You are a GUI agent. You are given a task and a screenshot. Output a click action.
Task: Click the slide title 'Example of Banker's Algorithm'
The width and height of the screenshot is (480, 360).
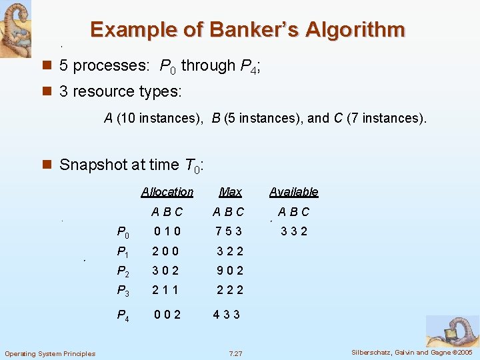click(x=247, y=30)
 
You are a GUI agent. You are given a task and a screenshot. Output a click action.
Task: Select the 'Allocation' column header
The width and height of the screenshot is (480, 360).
click(x=167, y=192)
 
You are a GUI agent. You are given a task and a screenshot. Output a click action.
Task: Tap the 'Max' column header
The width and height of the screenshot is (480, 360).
click(x=230, y=192)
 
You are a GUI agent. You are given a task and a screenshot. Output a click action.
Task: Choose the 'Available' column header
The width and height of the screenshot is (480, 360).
click(x=293, y=192)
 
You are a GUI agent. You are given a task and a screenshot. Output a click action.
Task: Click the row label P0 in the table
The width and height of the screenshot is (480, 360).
click(x=123, y=233)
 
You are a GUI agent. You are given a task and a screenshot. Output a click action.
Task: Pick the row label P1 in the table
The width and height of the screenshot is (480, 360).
click(x=123, y=252)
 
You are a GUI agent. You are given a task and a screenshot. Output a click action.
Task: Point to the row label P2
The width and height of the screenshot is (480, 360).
click(x=123, y=271)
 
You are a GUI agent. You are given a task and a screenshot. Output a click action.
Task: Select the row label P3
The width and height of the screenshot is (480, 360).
click(x=123, y=290)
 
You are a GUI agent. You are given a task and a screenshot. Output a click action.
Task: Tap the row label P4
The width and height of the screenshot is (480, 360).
click(x=123, y=315)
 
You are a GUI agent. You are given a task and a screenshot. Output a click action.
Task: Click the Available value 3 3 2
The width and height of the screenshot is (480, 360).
click(x=293, y=232)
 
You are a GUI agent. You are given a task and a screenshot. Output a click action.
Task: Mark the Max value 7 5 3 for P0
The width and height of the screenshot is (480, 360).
click(x=228, y=232)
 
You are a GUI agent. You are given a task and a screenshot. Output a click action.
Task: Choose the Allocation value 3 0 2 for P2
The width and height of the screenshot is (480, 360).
click(x=166, y=271)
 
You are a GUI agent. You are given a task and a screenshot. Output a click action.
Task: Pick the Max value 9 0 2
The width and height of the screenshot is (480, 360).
click(x=230, y=271)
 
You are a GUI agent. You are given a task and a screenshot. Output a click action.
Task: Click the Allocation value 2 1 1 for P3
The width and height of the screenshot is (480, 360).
click(x=166, y=289)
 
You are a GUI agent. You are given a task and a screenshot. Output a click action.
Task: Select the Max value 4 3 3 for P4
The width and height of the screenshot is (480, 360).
click(x=227, y=315)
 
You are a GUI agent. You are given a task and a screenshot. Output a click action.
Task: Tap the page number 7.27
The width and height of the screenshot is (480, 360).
click(x=235, y=353)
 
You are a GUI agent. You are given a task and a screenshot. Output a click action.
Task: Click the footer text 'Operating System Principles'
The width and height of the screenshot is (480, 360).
click(x=50, y=353)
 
